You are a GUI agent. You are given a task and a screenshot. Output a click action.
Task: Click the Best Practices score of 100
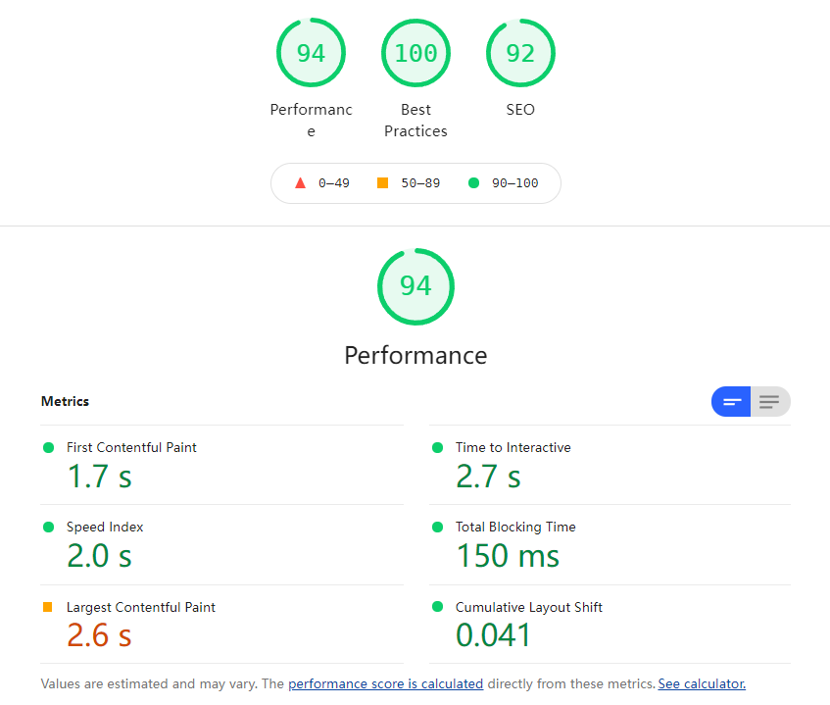click(x=415, y=53)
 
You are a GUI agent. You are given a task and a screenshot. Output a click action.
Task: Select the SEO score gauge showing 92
click(x=520, y=53)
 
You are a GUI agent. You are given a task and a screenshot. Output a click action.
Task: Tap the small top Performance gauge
click(x=311, y=53)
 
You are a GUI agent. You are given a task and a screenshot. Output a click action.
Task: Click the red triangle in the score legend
click(x=300, y=182)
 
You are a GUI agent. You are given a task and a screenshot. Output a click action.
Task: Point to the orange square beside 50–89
click(x=382, y=182)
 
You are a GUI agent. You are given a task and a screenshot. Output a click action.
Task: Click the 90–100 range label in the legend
click(x=514, y=183)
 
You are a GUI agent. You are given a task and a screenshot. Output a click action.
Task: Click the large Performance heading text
click(x=415, y=355)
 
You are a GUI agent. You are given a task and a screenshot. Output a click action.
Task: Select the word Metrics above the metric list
click(x=65, y=401)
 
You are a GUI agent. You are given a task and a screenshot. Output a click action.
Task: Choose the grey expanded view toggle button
click(x=770, y=401)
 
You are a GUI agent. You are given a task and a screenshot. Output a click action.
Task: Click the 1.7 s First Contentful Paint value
click(x=99, y=477)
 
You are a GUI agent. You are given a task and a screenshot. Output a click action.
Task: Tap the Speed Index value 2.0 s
click(x=99, y=556)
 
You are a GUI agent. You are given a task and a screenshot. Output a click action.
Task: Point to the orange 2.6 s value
click(x=99, y=635)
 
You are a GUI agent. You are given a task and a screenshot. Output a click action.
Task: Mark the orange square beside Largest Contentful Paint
click(x=48, y=607)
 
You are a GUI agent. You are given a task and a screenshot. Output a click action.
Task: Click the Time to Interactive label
click(x=513, y=447)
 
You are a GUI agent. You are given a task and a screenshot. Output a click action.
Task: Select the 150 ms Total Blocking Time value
click(x=508, y=556)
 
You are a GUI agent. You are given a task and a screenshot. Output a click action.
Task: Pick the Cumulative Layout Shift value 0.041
click(x=493, y=635)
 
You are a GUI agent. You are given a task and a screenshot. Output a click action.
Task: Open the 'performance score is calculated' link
click(x=385, y=683)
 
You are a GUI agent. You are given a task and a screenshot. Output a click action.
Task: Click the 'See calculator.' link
click(x=702, y=683)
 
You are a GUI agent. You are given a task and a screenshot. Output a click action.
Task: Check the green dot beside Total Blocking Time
click(x=437, y=527)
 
